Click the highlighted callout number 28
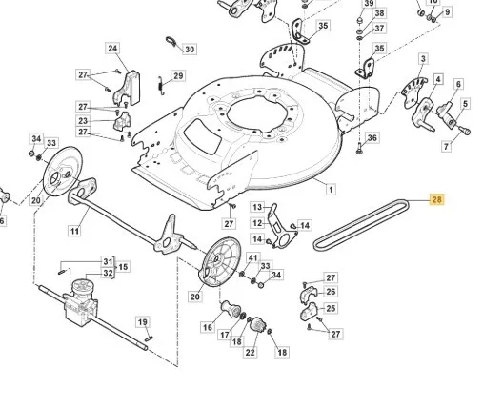pos(437,199)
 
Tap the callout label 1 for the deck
pos(331,190)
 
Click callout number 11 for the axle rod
pos(74,231)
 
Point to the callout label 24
pos(112,49)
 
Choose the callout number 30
pos(190,50)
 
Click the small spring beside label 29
pos(161,86)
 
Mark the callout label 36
pos(372,137)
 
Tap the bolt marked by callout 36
pos(359,148)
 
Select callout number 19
pos(143,322)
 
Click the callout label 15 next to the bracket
pos(123,267)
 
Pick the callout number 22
pos(251,352)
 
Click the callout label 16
pos(208,327)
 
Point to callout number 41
pos(252,257)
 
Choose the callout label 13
pos(257,207)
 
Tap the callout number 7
pos(447,147)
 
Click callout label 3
pos(423,59)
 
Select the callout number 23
pos(83,121)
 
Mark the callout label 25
pos(331,308)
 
